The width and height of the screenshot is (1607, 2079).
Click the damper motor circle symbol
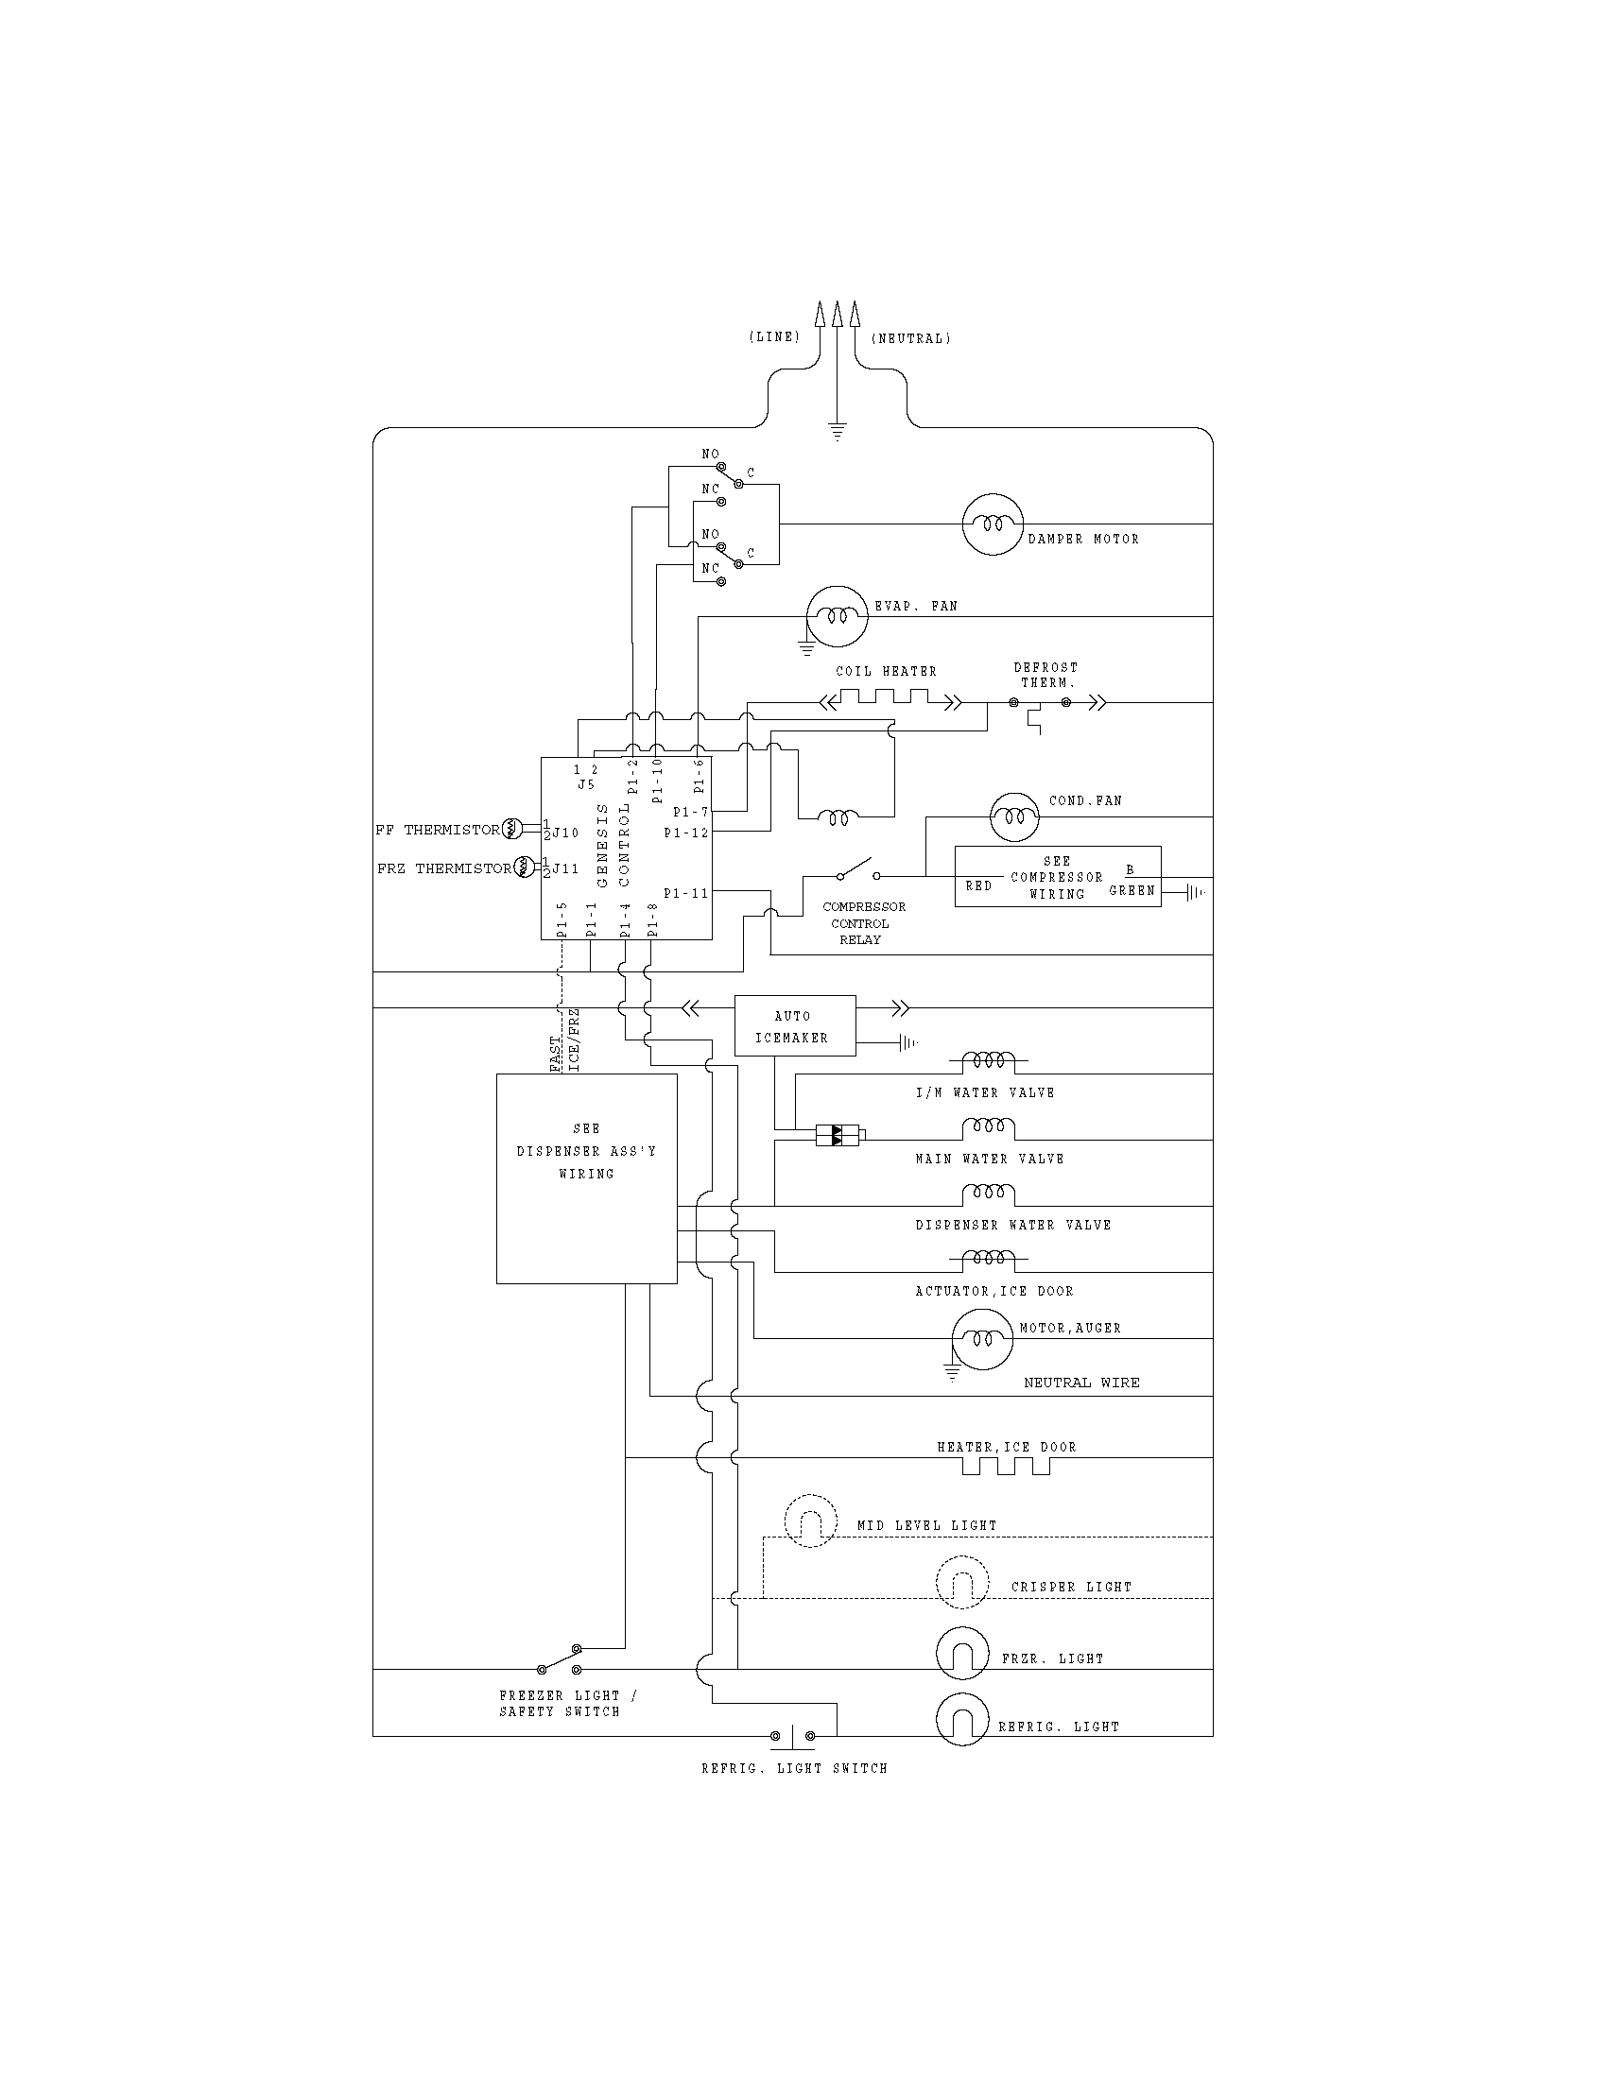click(x=992, y=524)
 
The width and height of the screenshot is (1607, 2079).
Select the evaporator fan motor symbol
click(x=837, y=617)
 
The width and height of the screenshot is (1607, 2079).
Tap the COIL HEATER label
click(x=886, y=671)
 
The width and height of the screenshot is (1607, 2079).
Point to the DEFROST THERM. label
click(x=1045, y=675)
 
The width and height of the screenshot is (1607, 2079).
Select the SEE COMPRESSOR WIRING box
click(x=1057, y=877)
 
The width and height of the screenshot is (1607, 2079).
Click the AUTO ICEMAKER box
click(x=794, y=1026)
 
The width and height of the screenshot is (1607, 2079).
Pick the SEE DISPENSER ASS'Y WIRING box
click(x=586, y=1178)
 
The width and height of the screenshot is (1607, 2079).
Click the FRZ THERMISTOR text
click(x=443, y=868)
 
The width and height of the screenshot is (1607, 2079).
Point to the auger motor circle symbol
click(x=981, y=1338)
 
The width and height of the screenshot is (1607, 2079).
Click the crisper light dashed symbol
click(x=962, y=1582)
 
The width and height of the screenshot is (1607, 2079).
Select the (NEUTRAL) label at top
click(x=910, y=338)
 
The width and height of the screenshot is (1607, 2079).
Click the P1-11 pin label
click(x=685, y=893)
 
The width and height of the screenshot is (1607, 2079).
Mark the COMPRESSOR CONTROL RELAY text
click(x=862, y=922)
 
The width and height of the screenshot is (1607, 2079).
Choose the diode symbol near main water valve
click(x=837, y=1135)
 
